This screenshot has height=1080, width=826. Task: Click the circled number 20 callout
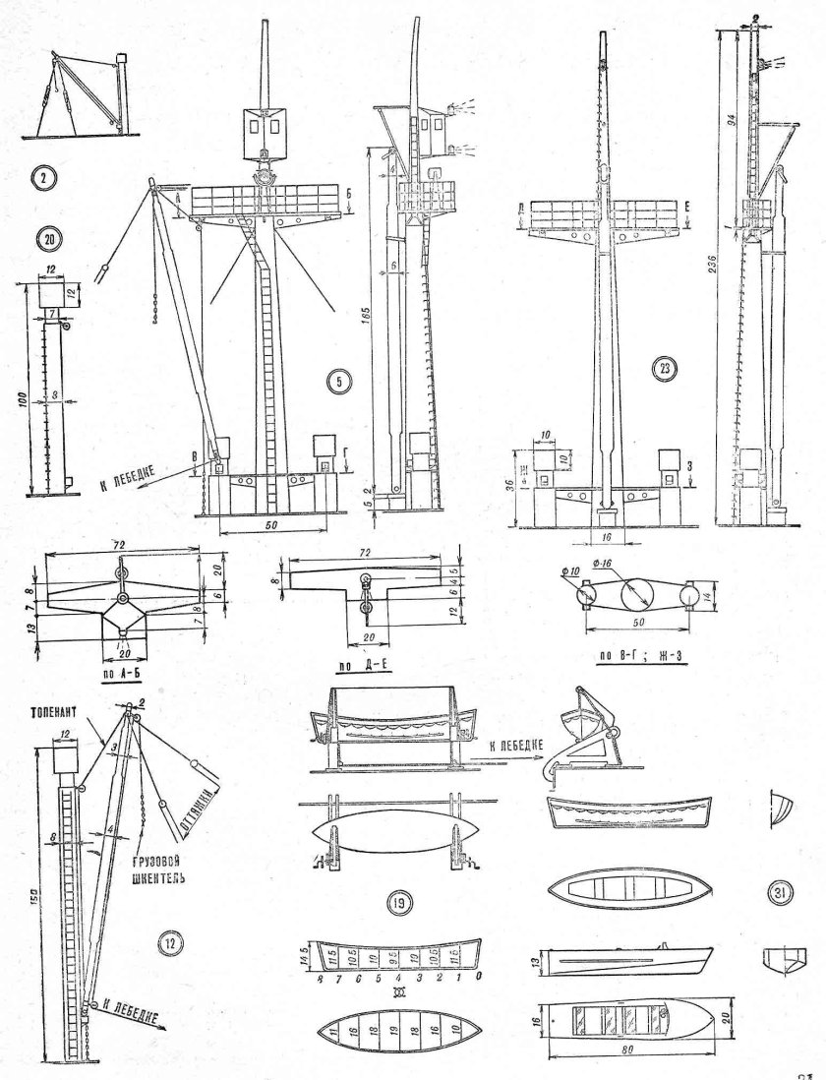44,237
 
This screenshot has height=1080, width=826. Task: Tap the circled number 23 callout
666,369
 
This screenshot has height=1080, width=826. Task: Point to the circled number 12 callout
170,944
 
